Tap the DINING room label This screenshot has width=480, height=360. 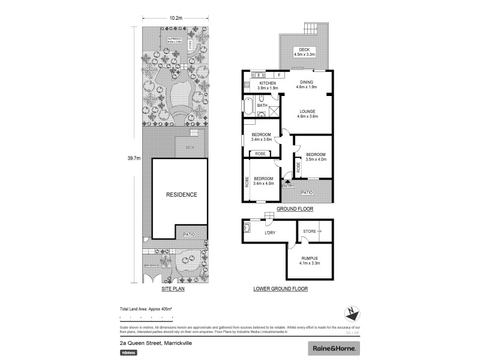(x=306, y=83)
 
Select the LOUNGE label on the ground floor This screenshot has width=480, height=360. (x=307, y=111)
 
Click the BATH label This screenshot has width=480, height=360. (x=262, y=106)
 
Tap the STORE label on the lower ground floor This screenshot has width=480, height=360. (x=310, y=230)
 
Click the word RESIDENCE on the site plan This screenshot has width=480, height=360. (x=181, y=195)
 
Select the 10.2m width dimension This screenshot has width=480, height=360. (x=175, y=18)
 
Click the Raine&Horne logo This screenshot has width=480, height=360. (x=334, y=348)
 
